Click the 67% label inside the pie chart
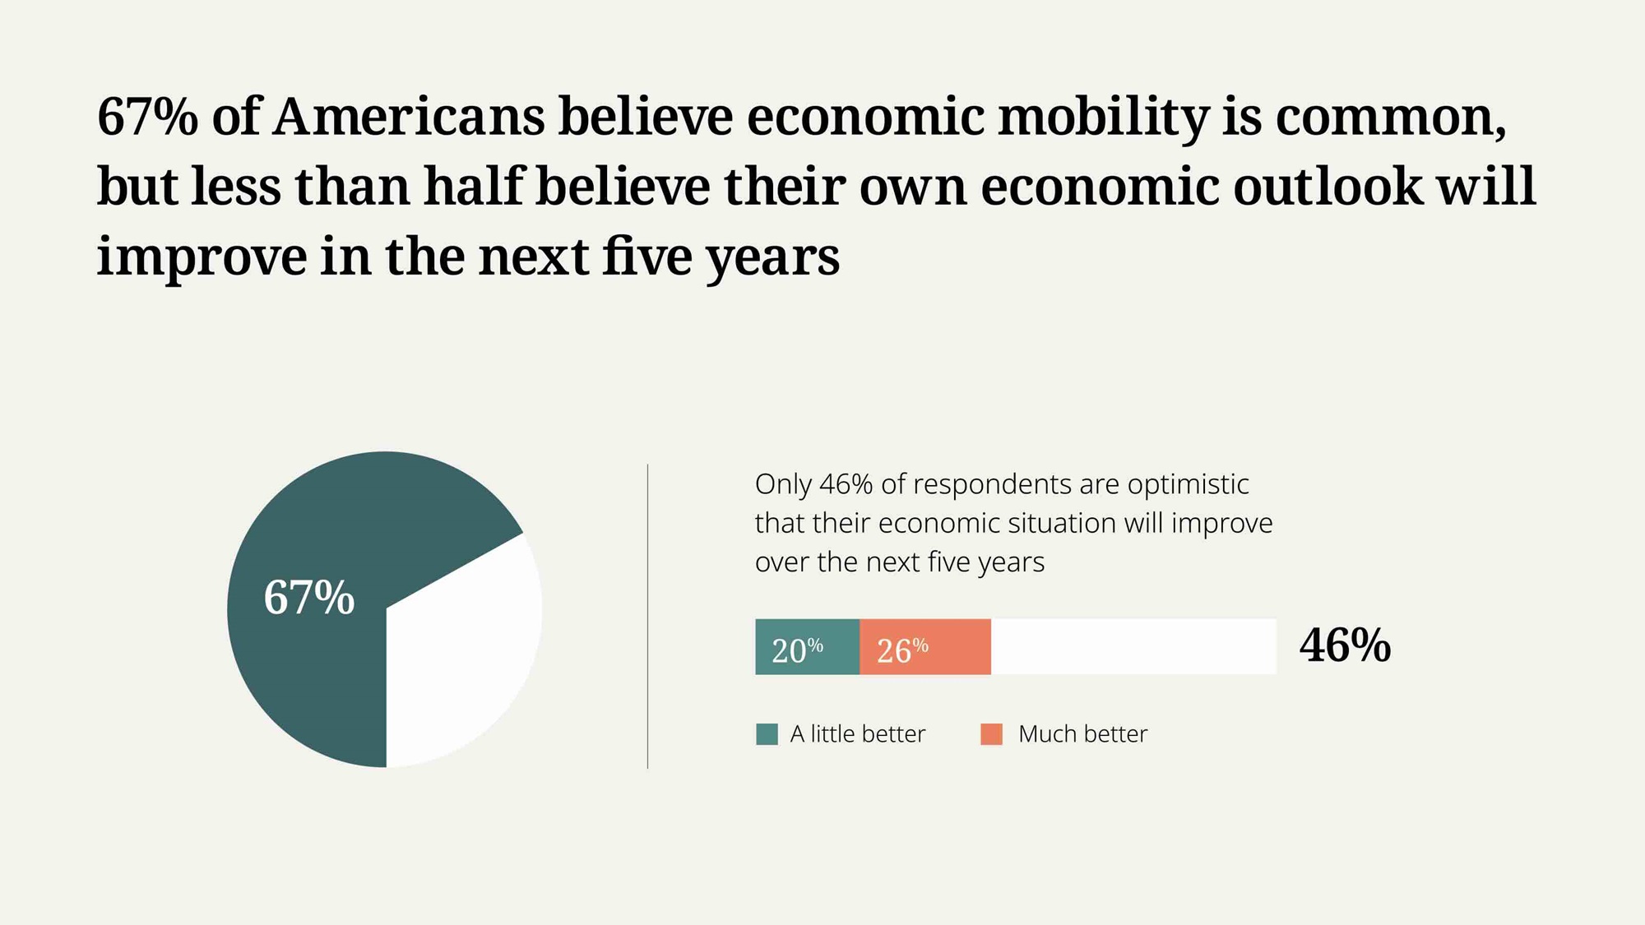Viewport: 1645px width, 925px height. [x=308, y=597]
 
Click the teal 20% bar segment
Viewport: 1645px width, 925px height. [x=807, y=647]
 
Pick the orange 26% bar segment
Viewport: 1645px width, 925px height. [x=924, y=647]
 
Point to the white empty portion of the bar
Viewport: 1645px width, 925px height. [x=1133, y=647]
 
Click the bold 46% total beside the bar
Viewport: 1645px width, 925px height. [x=1345, y=645]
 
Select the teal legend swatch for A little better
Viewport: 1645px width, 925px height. [x=767, y=734]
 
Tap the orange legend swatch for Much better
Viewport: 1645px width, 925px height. [x=991, y=734]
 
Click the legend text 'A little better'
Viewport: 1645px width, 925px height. [x=857, y=733]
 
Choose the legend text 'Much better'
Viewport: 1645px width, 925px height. [x=1082, y=733]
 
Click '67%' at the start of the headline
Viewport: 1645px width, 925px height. [x=147, y=116]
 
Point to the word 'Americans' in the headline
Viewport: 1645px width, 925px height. [x=408, y=116]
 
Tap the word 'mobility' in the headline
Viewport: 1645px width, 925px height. [x=1102, y=116]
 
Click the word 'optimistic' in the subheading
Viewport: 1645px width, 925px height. [x=1188, y=484]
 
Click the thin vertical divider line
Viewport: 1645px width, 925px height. [x=648, y=617]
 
